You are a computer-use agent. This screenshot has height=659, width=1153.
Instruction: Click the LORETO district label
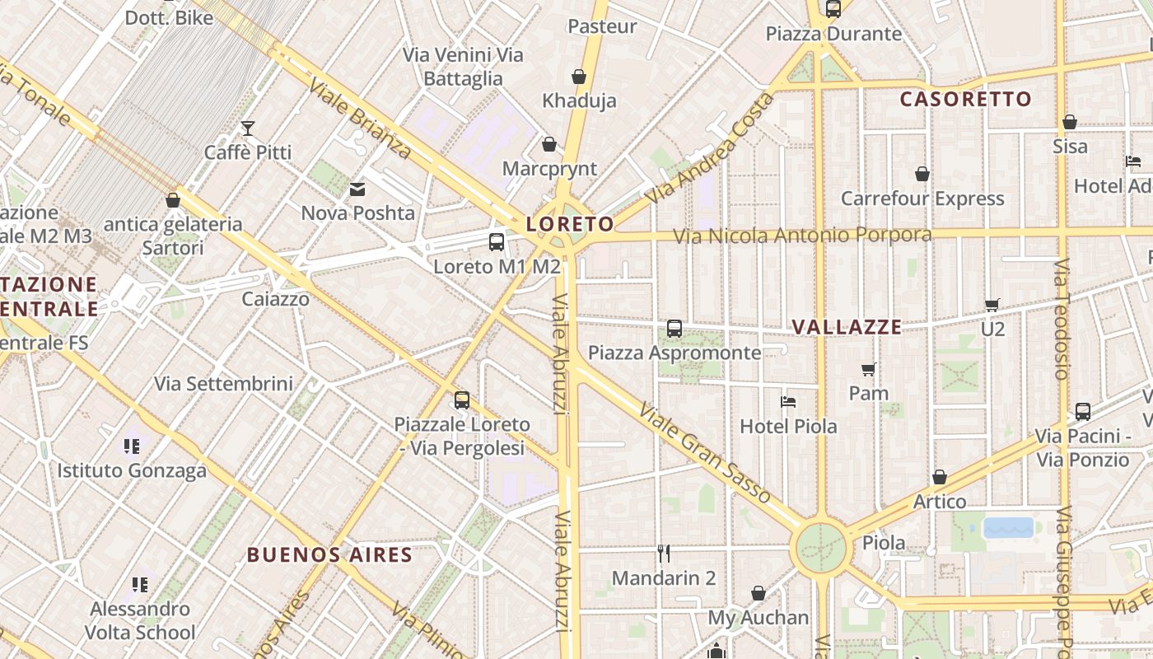point(570,224)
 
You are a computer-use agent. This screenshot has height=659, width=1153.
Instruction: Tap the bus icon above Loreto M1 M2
point(497,242)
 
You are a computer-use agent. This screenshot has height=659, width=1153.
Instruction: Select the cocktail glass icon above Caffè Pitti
point(247,128)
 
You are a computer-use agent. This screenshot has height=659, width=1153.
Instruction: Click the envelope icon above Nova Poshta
point(357,189)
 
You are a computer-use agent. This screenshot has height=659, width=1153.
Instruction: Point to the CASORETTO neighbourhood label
point(965,100)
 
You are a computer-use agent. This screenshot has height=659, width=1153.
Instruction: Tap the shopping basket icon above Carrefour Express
point(922,174)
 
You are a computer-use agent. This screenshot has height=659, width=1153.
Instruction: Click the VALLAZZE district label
point(847,327)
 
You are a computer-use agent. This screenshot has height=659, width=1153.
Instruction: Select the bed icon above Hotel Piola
point(788,402)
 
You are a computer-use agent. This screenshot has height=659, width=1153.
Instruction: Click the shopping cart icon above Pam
point(868,369)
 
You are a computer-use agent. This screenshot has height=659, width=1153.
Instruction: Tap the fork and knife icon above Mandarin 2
point(664,553)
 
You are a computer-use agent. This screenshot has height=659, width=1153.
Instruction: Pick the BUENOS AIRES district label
point(329,554)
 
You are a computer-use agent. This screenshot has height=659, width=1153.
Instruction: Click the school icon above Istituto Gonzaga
point(131,446)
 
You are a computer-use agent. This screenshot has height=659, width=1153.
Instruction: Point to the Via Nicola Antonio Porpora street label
point(802,236)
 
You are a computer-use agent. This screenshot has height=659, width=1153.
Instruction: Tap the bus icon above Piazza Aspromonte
point(675,329)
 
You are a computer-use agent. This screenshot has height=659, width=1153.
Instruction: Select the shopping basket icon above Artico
point(940,477)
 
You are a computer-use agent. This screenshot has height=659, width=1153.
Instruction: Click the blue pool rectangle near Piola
point(1008,527)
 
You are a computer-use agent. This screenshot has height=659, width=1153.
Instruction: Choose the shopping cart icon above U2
point(992,305)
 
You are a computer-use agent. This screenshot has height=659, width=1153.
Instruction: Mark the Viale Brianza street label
point(359,119)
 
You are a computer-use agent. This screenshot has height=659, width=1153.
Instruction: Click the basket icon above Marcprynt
point(549,145)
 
